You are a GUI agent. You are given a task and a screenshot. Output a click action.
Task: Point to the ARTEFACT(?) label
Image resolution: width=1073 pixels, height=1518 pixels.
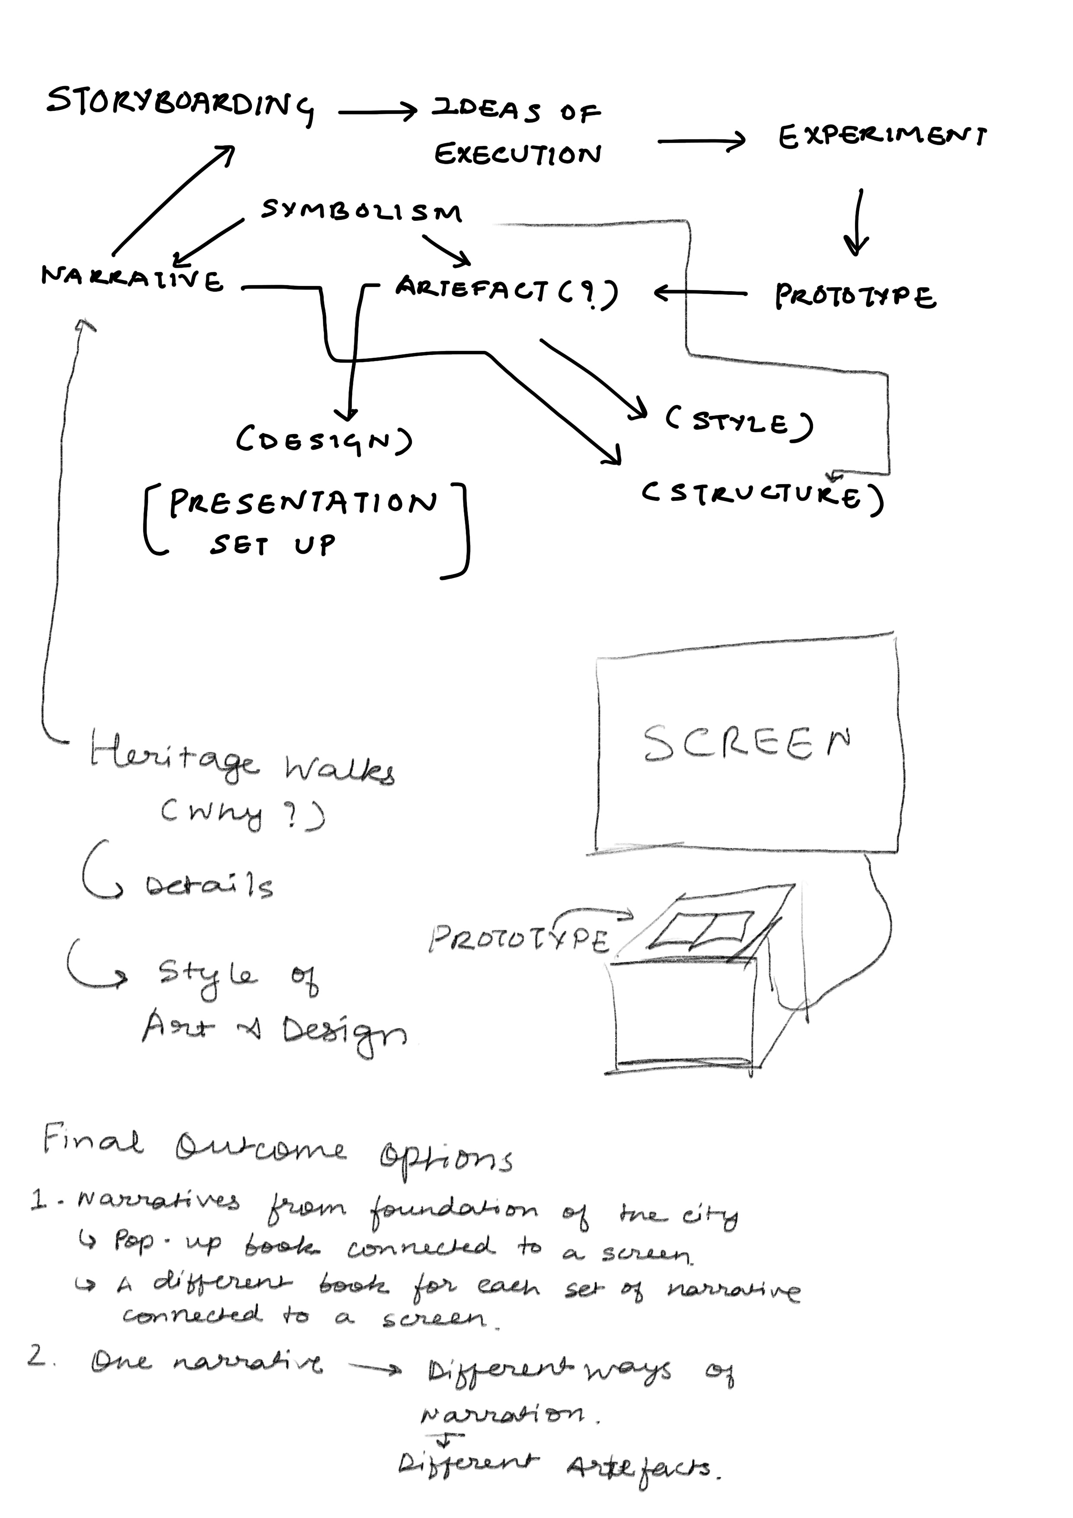(x=506, y=292)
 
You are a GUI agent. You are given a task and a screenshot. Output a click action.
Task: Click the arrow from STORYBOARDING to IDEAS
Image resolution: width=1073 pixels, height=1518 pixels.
(x=377, y=113)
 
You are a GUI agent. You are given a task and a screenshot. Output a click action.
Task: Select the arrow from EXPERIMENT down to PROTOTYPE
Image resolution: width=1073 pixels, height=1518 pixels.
(x=858, y=222)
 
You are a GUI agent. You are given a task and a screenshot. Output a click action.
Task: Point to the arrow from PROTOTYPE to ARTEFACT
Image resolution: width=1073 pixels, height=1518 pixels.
(x=701, y=292)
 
